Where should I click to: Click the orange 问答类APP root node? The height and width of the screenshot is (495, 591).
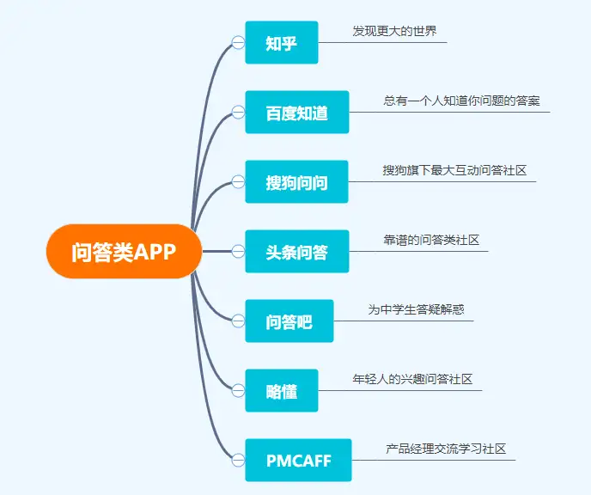124,251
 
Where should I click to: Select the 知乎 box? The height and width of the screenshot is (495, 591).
282,43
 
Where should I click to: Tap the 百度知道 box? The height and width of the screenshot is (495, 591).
297,112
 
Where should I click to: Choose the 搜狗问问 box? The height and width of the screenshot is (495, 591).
296,181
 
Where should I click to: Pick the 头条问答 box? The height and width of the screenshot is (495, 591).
297,251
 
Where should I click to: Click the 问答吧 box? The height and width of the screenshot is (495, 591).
289,321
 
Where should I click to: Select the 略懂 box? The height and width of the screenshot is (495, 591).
282,390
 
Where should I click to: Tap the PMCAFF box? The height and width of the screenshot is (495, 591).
298,460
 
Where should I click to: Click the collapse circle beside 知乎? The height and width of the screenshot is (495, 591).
238,43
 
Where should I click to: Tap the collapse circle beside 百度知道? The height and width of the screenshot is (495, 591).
238,112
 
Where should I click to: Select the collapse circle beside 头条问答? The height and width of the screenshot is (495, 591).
238,251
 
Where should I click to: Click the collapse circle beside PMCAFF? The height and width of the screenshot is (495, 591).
238,460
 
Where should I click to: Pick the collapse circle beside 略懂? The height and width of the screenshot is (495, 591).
238,390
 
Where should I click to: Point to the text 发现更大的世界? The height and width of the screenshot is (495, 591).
394,31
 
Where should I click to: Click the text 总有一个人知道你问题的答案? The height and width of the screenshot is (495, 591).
462,101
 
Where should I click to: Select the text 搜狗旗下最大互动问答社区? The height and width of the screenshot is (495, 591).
454,170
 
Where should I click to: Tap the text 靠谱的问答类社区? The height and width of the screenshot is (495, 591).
431,240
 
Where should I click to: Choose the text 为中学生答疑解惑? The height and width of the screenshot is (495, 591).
416,309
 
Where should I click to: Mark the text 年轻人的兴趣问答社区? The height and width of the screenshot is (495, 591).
412,379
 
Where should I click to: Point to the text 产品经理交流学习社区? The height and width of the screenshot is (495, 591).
446,449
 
